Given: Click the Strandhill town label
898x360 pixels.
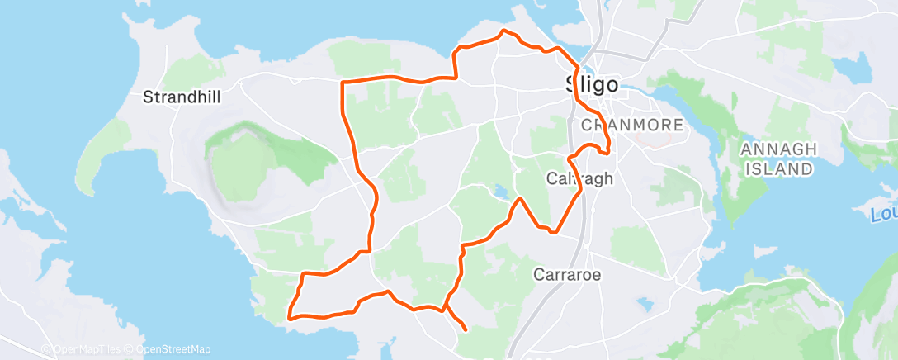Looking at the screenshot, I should click(182, 97).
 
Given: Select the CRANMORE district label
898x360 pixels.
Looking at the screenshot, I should click(633, 126).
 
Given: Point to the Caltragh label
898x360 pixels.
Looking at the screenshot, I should click(579, 178).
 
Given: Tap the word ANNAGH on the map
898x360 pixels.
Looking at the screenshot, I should click(778, 149).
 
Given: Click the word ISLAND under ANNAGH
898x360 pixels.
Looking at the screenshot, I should click(778, 169).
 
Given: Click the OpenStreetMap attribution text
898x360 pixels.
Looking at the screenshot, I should click(169, 349).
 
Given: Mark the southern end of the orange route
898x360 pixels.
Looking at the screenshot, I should click(466, 329).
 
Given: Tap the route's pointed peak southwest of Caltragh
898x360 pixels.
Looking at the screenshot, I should click(519, 199).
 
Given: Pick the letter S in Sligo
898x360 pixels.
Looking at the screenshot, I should click(572, 83).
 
